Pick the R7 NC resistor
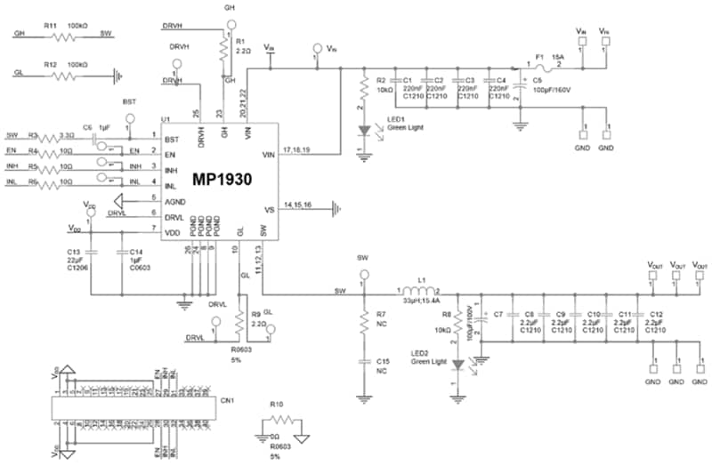363,325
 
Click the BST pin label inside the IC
172,140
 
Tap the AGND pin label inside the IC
174,199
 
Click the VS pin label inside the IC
268,211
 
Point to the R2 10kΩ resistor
363,89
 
